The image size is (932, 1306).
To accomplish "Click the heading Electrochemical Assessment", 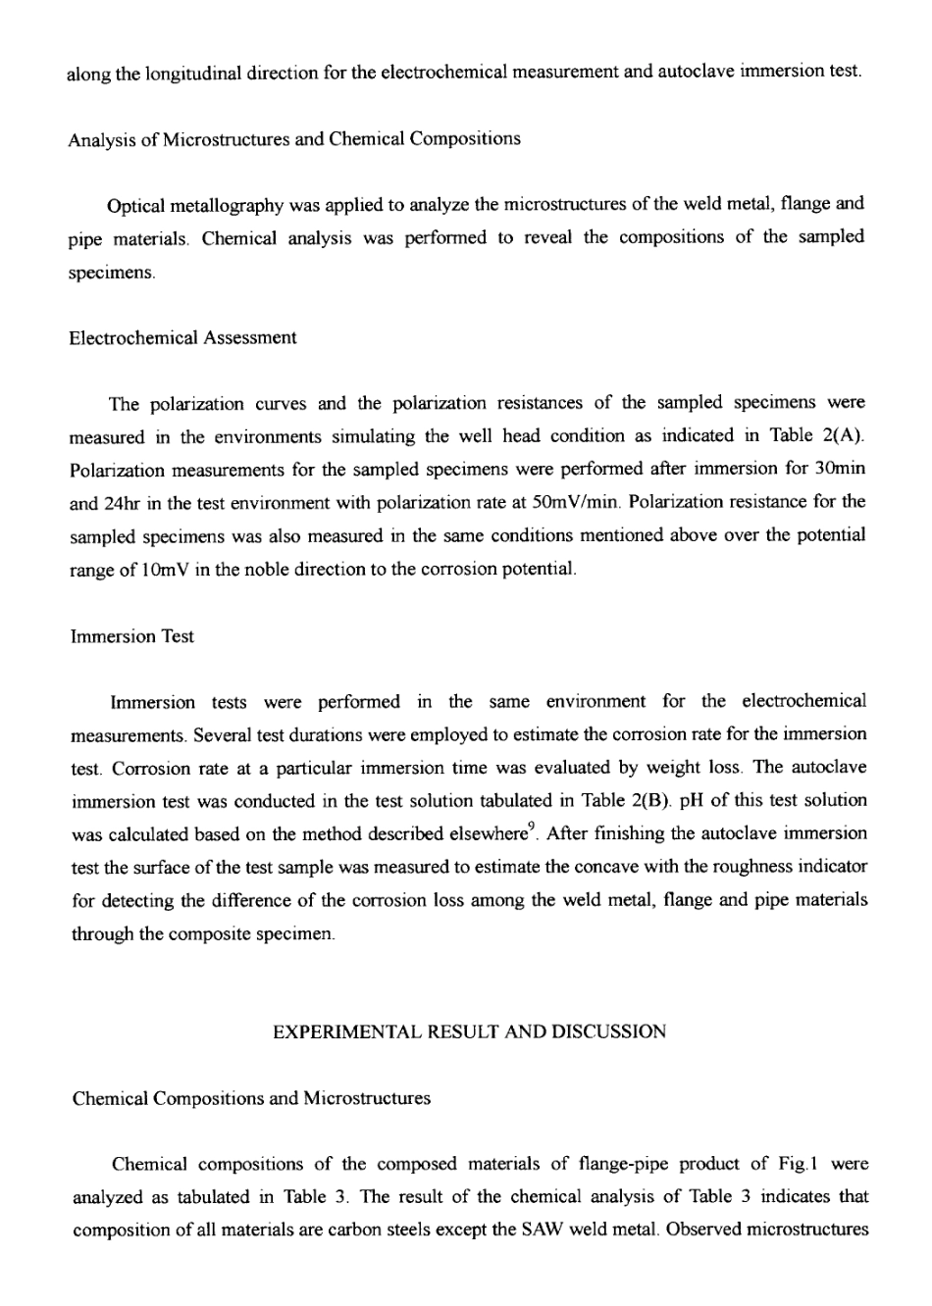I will point(182,337).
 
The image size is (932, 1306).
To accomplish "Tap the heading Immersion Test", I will point(132,636).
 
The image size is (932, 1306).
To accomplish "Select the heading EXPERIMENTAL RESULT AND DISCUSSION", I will point(468,1031).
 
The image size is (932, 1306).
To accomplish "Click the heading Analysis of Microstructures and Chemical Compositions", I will point(293,138).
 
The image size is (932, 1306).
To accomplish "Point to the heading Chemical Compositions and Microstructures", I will point(251,1098).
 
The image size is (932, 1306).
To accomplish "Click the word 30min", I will point(841,469).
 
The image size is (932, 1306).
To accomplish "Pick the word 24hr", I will point(123,502).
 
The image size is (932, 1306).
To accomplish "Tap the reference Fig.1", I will point(801,1165).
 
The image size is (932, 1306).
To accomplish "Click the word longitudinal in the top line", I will point(193,73).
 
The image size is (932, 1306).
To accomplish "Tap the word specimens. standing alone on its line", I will point(111,271).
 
